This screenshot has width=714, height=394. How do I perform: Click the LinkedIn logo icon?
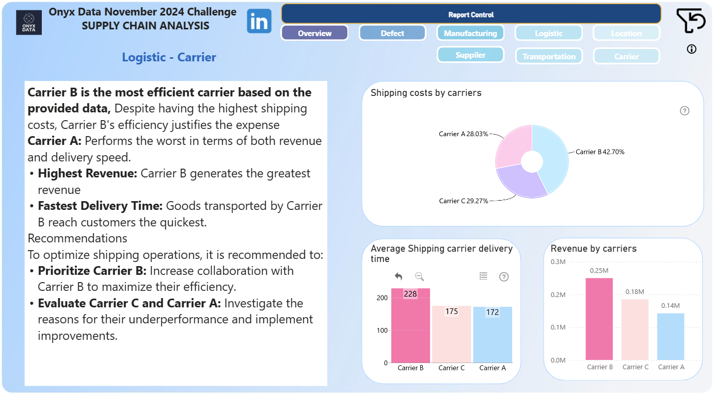click(259, 21)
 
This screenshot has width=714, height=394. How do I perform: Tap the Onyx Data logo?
click(29, 22)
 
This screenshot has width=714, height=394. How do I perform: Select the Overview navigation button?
click(314, 33)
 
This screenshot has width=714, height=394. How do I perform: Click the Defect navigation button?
click(392, 33)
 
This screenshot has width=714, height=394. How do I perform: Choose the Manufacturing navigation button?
click(470, 33)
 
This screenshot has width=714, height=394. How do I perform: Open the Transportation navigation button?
click(549, 56)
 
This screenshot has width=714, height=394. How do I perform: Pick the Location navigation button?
click(626, 33)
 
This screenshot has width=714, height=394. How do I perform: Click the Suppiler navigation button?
click(470, 55)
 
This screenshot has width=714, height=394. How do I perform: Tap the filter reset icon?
click(690, 21)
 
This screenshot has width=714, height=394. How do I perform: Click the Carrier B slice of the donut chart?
click(553, 156)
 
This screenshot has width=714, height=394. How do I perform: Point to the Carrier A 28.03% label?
click(463, 134)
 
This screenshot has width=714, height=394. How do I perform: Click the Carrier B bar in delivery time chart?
click(410, 325)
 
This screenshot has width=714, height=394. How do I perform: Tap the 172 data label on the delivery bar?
click(493, 312)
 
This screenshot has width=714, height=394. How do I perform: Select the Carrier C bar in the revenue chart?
click(635, 330)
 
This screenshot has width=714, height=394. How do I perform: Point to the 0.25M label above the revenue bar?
click(599, 270)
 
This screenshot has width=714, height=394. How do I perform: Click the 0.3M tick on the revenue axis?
click(558, 262)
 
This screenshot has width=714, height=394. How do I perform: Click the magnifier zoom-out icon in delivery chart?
click(420, 276)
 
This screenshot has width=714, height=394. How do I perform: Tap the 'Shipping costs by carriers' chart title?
click(426, 93)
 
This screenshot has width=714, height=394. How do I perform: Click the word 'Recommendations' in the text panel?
click(77, 238)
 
